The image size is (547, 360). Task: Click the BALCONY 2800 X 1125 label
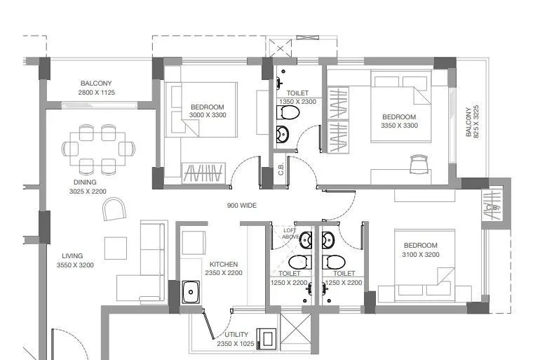[96, 88]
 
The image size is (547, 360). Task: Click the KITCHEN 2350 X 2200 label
[223, 269]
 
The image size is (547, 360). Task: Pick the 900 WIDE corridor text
[241, 206]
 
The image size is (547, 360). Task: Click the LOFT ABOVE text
[290, 234]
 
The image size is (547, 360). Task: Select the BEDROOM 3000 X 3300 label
[207, 111]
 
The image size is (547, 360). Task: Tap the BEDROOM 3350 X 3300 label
[399, 121]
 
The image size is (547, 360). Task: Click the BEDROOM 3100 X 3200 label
[421, 250]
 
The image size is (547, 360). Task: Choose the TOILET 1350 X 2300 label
[298, 98]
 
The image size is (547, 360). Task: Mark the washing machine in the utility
[266, 338]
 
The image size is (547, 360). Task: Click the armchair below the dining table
[114, 208]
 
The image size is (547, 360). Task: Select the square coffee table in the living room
[115, 247]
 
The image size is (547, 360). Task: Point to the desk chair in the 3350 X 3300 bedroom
[418, 164]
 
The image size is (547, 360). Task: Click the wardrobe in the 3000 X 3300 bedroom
[203, 173]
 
